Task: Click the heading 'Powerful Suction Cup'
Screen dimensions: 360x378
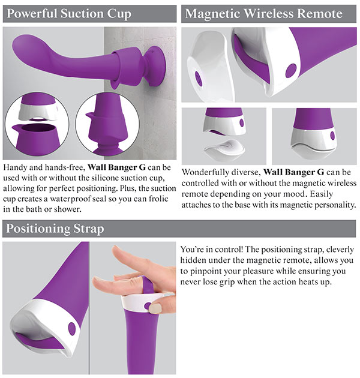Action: pos(69,13)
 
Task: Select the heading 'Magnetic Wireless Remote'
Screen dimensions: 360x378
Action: pos(264,13)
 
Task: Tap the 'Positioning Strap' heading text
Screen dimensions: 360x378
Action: pos(55,229)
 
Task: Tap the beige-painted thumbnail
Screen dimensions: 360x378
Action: pos(155,308)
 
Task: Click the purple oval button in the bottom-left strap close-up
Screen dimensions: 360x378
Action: pos(71,328)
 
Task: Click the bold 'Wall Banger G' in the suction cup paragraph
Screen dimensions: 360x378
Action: pos(117,167)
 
